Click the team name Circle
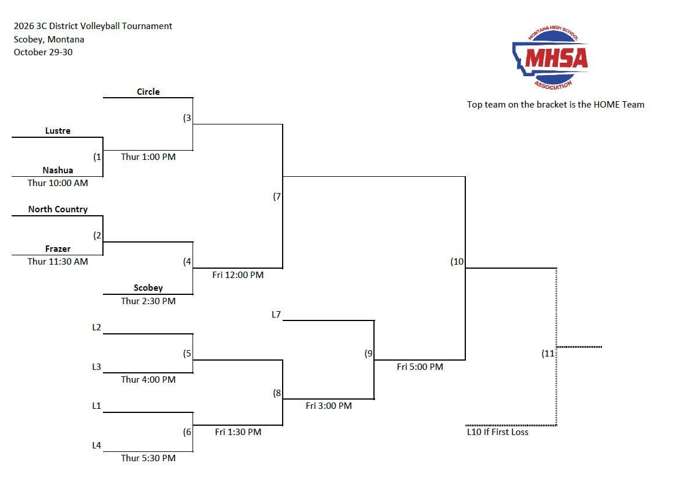148,91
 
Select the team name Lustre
58,131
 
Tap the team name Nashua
58,170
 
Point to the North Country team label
58,209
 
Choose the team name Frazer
58,249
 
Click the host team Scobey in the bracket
148,288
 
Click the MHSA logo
551,58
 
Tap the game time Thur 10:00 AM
58,183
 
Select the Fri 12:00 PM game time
238,275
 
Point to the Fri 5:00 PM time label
420,366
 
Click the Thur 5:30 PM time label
148,458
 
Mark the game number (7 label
277,197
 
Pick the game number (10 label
457,262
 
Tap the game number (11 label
548,354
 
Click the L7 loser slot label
276,314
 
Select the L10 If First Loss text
497,432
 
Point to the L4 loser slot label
97,445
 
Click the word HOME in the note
607,105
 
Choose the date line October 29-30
43,52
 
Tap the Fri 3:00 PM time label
329,406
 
